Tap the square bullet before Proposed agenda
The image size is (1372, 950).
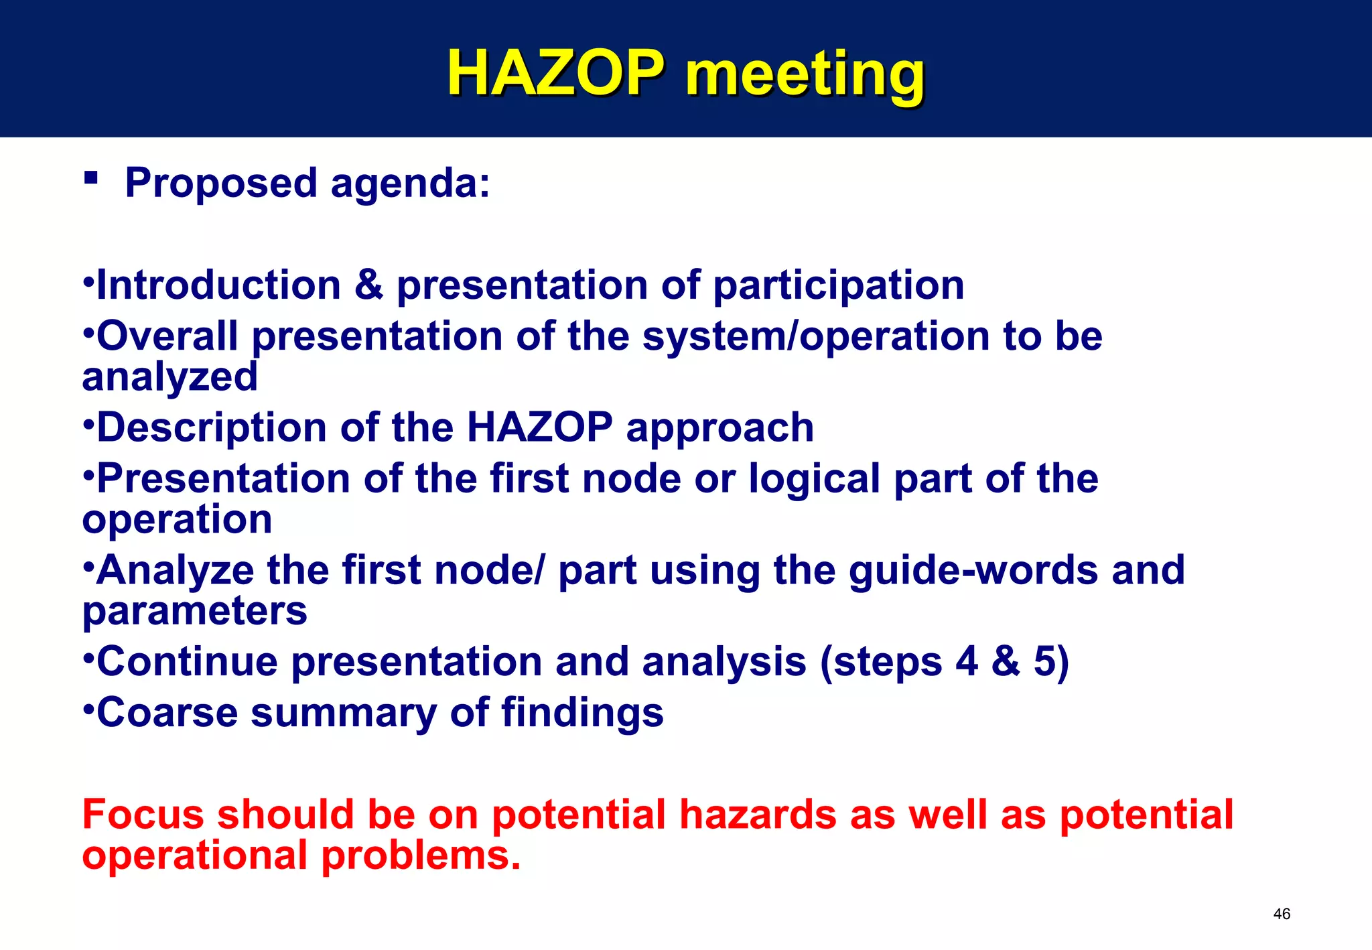[x=91, y=178]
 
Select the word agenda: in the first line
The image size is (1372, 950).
[x=410, y=184]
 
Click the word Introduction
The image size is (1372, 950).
[x=219, y=285]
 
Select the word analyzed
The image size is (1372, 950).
[x=169, y=377]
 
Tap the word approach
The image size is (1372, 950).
[x=719, y=429]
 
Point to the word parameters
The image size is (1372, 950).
[x=194, y=612]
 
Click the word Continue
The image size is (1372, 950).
[x=188, y=662]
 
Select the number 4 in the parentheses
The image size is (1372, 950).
[x=967, y=662]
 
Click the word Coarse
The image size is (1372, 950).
[x=167, y=713]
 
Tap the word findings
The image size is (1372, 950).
[x=582, y=714]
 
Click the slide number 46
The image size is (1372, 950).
[x=1282, y=914]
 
